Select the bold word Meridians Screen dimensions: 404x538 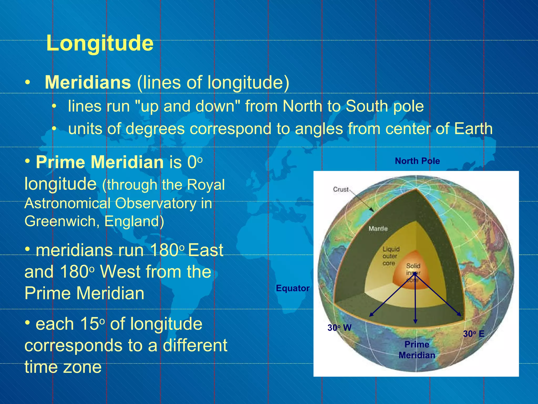tap(88, 82)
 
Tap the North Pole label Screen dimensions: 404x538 tap(417, 161)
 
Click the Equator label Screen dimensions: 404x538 tap(293, 288)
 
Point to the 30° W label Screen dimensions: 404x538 tap(339, 328)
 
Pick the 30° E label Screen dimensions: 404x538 tap(474, 334)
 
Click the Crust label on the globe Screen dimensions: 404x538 tap(341, 189)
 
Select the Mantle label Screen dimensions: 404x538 tap(378, 228)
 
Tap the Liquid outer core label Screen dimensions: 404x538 tap(391, 256)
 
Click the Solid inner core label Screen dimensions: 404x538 tap(413, 272)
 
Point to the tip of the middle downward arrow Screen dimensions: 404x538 tap(415, 322)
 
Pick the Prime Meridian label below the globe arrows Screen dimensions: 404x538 tap(417, 350)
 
